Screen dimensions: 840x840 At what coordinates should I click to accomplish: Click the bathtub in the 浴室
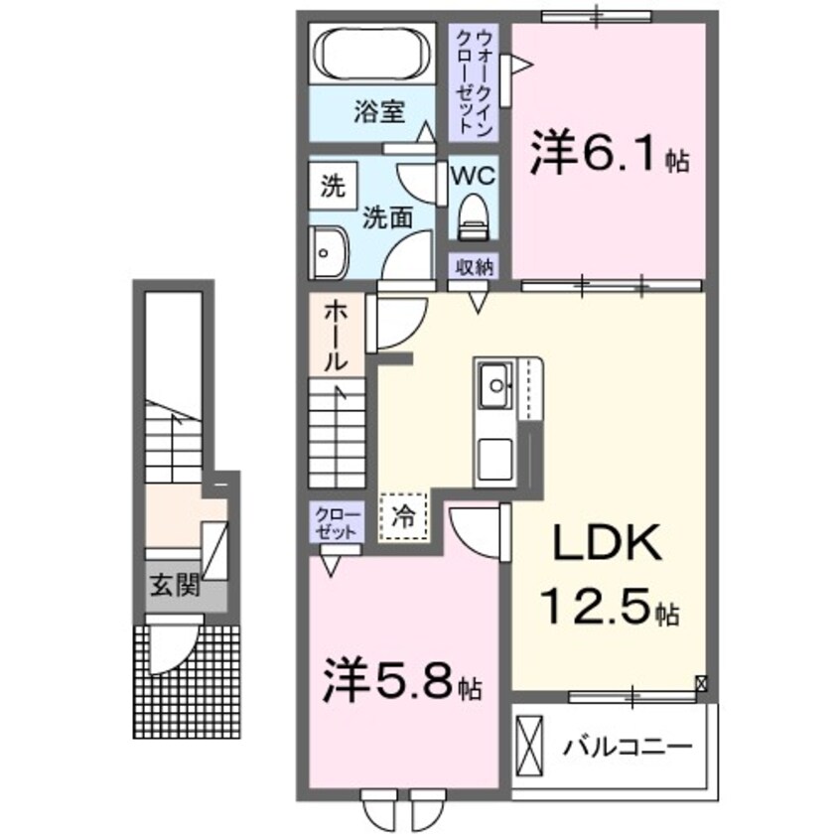click(373, 56)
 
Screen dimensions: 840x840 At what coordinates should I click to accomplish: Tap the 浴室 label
click(378, 112)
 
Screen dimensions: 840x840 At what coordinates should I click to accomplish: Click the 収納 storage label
click(473, 267)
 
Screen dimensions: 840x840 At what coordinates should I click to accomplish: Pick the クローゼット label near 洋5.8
click(328, 521)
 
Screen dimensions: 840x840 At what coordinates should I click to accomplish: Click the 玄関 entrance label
click(174, 585)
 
